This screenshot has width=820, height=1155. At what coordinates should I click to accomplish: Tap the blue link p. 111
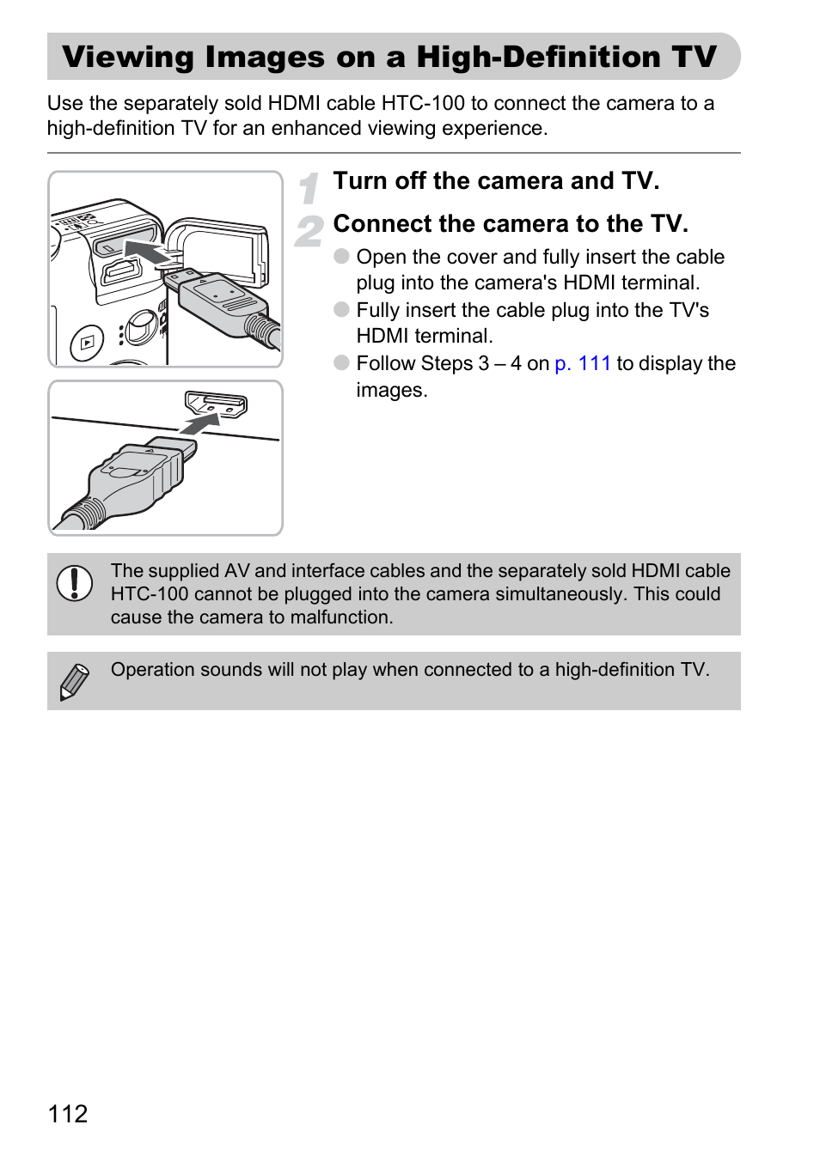(583, 363)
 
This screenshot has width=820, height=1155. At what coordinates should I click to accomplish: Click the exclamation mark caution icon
(75, 583)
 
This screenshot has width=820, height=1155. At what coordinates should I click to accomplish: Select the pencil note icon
(74, 682)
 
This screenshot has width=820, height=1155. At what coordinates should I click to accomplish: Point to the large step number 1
(309, 188)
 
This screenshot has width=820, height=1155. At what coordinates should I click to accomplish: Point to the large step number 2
(309, 232)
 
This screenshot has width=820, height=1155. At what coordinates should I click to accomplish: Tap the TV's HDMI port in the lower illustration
(216, 404)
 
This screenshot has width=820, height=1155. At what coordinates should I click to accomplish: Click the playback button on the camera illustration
(87, 341)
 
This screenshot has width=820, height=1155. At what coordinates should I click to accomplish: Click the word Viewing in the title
(128, 58)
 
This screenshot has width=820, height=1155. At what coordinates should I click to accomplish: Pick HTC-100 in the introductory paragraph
(423, 103)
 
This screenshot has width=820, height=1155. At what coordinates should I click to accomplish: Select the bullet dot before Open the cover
(341, 256)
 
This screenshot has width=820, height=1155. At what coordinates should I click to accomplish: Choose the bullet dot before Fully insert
(341, 309)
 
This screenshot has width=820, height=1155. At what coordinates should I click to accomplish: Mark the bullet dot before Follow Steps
(341, 362)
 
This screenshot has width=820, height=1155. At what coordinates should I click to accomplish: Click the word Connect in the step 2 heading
(382, 224)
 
